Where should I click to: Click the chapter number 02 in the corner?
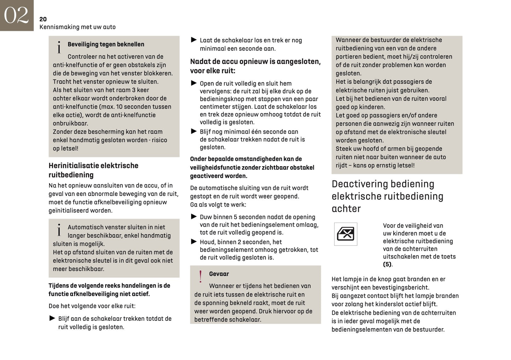[x=16, y=15]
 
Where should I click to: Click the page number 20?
[x=43, y=19]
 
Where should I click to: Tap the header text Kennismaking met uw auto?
[x=77, y=27]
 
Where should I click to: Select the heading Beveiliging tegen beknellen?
[x=106, y=44]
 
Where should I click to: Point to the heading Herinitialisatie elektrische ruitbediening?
[x=93, y=170]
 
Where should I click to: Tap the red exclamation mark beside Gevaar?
[x=201, y=277]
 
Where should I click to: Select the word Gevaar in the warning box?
[x=219, y=274]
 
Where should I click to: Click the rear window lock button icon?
[x=345, y=234]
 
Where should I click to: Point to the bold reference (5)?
[x=387, y=265]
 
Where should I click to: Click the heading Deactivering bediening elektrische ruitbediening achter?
[x=387, y=196]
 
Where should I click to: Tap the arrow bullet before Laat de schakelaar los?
[x=194, y=40]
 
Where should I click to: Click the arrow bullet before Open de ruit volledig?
[x=194, y=83]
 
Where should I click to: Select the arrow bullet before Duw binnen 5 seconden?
[x=194, y=216]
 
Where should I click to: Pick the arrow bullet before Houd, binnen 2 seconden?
[x=194, y=242]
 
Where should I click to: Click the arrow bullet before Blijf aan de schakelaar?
[x=52, y=318]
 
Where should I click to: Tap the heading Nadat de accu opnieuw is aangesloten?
[x=255, y=66]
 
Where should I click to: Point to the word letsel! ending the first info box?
[x=70, y=149]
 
